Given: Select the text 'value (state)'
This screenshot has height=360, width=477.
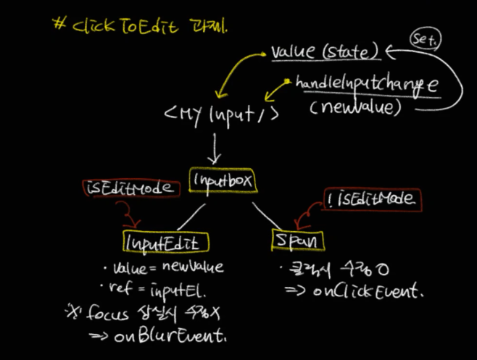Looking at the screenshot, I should (x=325, y=52).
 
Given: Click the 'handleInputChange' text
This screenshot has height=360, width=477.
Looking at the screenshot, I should (x=366, y=84).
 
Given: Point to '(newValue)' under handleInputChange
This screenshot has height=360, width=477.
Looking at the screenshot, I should (x=355, y=108).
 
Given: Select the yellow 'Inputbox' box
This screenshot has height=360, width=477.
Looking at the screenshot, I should (x=222, y=179).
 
